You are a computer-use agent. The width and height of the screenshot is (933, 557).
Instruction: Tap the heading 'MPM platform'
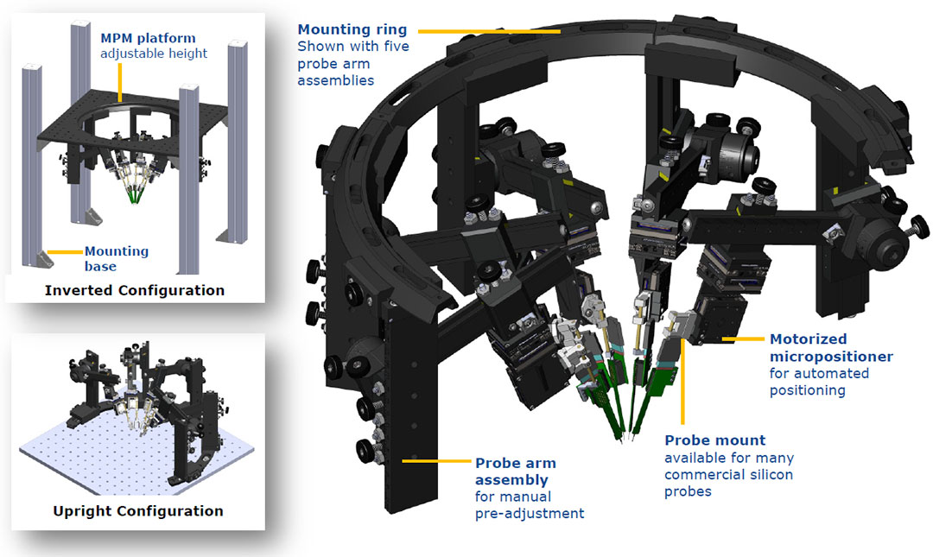(x=148, y=38)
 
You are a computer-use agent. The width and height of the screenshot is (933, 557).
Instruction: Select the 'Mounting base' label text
(x=117, y=259)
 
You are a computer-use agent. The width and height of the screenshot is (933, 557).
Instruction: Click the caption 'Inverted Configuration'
(x=135, y=290)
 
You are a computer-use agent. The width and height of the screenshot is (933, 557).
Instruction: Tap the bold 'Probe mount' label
(x=714, y=440)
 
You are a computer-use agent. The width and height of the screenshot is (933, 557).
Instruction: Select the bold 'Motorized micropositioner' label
(x=831, y=348)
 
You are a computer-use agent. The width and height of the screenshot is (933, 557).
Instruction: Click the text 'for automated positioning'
(x=819, y=382)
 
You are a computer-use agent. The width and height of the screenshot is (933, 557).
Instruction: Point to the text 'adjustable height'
(x=153, y=54)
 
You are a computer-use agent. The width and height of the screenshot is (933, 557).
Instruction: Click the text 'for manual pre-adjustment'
(x=529, y=505)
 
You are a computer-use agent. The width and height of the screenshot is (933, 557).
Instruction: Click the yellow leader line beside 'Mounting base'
(x=64, y=251)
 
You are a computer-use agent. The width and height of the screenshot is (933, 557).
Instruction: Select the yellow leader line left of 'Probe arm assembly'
(x=437, y=461)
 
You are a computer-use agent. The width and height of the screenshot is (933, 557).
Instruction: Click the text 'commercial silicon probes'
(x=729, y=482)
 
